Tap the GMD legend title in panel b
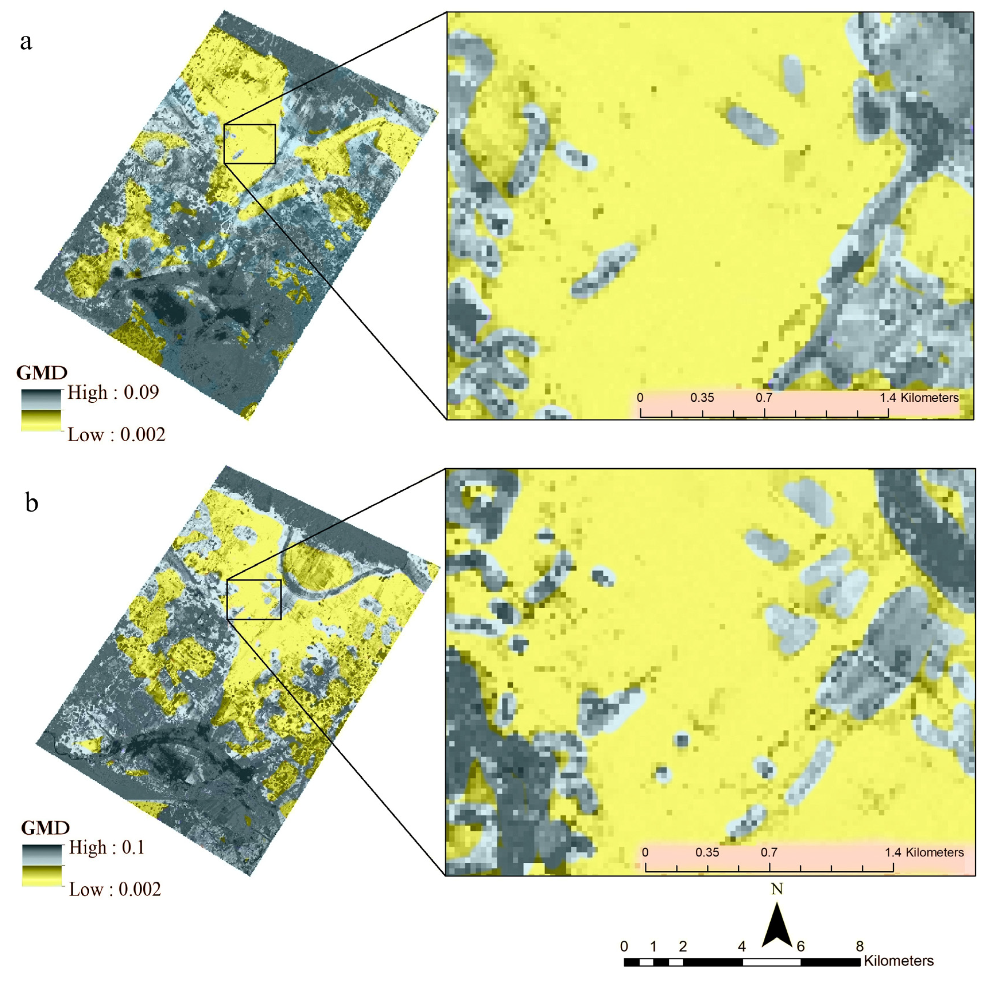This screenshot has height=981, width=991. (45, 828)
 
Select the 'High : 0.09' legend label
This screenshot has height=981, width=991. (113, 393)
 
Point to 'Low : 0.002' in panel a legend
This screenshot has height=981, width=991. (116, 435)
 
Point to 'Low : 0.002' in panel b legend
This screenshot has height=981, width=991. (115, 889)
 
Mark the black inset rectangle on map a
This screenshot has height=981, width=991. (250, 144)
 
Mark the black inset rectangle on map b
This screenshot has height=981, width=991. (254, 599)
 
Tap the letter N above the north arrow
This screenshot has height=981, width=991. (777, 889)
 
